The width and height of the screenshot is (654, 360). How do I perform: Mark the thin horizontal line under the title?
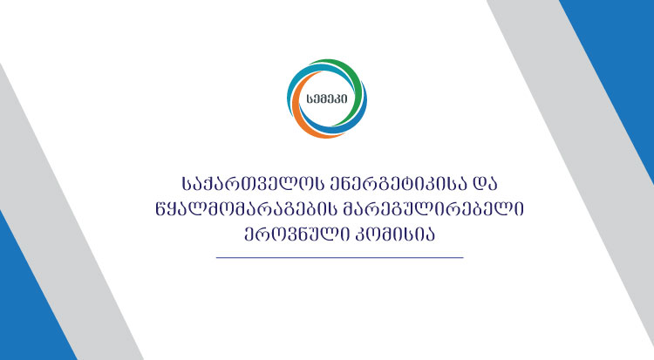click(338, 258)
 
